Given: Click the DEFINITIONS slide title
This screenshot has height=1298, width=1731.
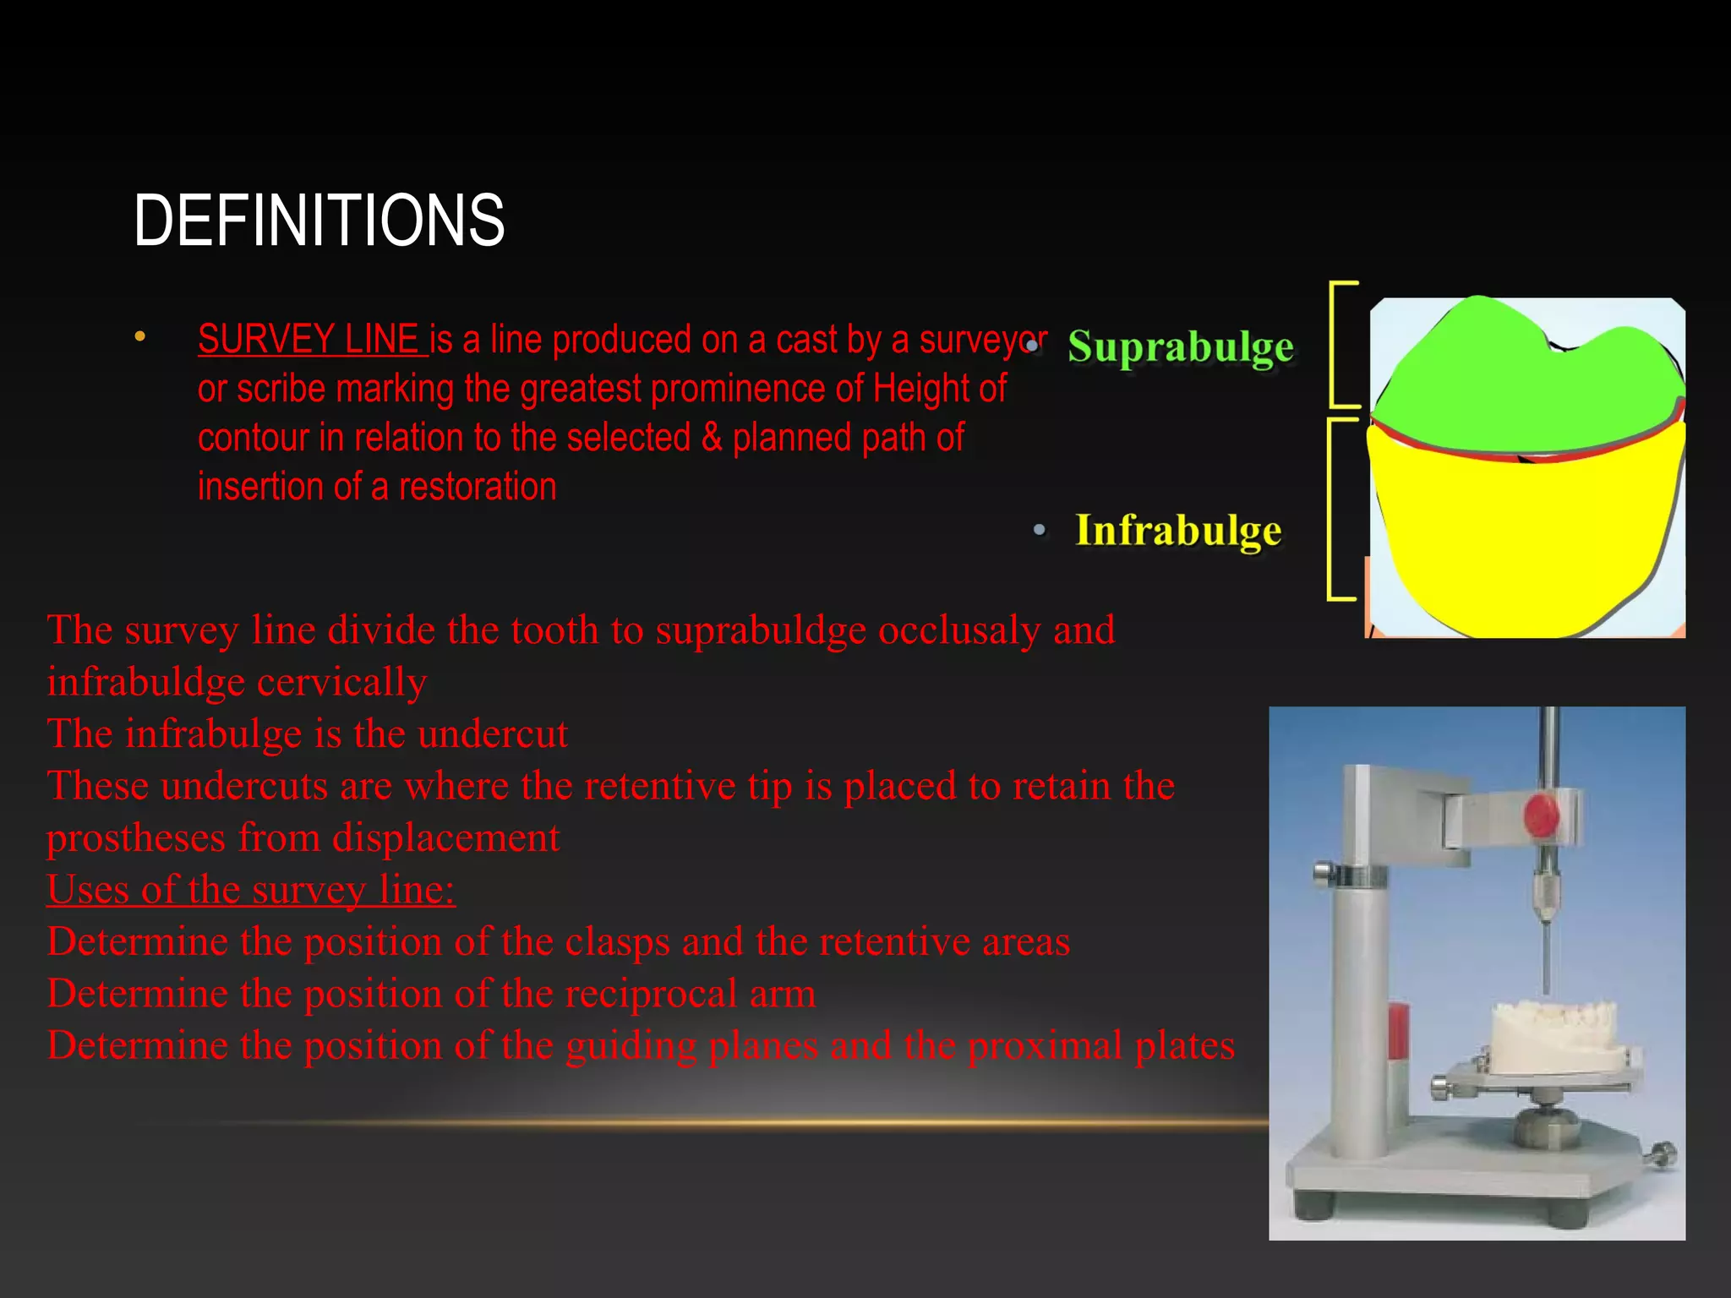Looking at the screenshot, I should point(319,221).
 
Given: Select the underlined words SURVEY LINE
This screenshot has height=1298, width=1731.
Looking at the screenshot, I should point(309,340).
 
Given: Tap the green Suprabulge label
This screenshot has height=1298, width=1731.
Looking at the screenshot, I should point(1180,347).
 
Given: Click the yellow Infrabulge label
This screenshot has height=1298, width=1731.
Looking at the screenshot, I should point(1178,531).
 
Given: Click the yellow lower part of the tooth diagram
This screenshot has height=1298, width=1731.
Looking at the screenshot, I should point(1521,541).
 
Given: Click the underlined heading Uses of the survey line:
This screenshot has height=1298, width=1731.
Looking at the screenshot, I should point(251,890).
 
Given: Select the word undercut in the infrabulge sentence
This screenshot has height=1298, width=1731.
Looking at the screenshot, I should point(493,734).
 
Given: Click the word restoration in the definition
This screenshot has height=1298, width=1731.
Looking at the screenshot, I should point(478,488).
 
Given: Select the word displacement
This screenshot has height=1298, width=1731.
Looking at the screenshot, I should point(445,838).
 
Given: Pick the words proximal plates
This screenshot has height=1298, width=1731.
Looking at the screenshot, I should point(1100,1046).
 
